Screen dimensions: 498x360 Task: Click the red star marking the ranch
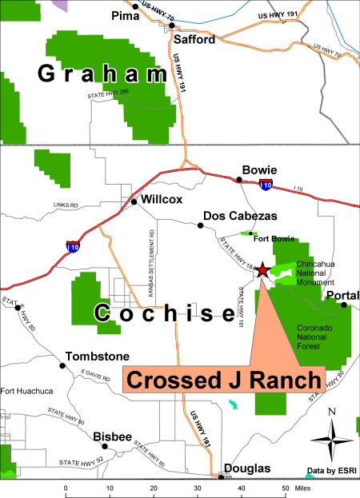[x=262, y=271]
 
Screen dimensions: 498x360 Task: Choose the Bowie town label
[x=259, y=170]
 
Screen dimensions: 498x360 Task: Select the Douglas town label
[x=246, y=468]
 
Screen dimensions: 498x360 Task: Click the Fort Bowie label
[x=270, y=238]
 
